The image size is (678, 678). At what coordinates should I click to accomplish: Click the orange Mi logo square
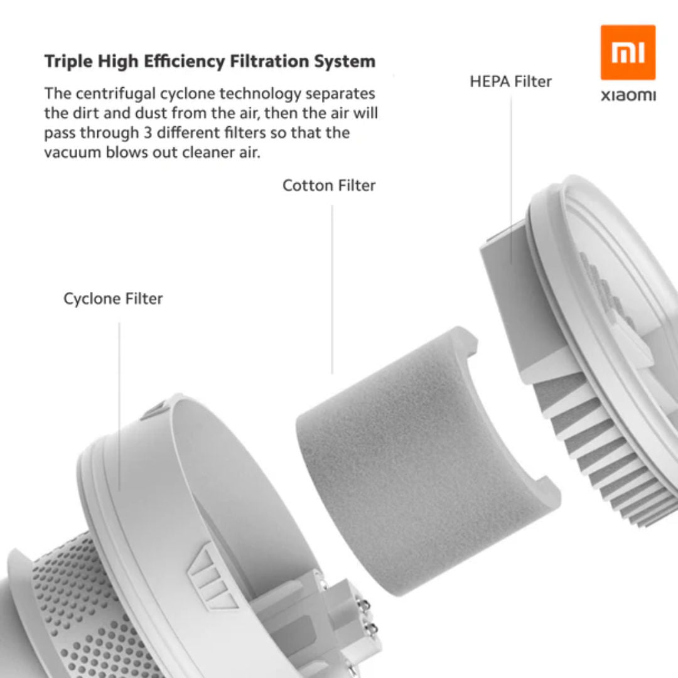tap(628, 53)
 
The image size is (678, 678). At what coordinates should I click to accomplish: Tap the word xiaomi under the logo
tap(628, 96)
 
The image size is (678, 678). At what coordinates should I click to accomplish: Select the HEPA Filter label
tap(510, 82)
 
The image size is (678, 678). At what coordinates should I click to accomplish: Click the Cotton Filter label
tap(329, 186)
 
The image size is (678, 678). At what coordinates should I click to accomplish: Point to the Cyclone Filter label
tap(113, 299)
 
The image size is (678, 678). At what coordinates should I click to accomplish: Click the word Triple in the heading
tap(65, 62)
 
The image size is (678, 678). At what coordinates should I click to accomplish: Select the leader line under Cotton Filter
tap(332, 289)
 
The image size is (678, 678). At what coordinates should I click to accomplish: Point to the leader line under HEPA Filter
tap(510, 176)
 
